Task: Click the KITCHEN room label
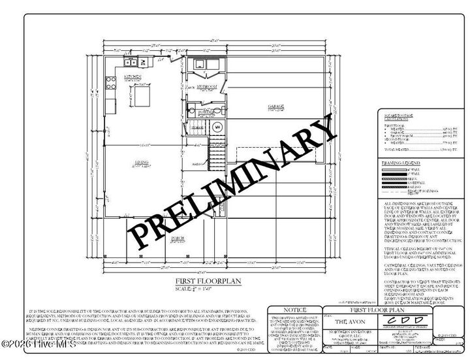[x=133, y=76]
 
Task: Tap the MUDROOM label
[x=208, y=86]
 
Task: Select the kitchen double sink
[x=131, y=63]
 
